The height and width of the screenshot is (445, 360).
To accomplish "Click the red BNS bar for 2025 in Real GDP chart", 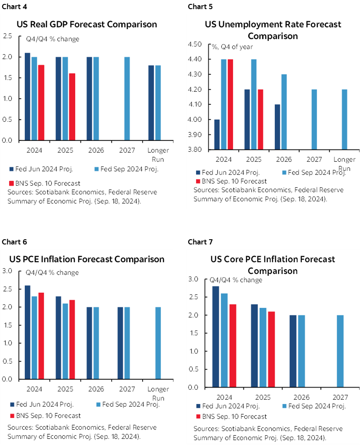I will [72, 107].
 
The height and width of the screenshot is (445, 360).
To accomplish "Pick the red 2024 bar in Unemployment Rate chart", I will [230, 105].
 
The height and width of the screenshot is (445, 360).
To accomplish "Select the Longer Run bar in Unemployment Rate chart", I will [345, 120].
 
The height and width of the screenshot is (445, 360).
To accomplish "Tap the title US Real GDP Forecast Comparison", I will [87, 24].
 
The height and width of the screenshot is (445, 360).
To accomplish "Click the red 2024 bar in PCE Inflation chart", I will [41, 336].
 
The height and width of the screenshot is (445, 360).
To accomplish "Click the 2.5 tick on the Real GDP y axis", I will [7, 36].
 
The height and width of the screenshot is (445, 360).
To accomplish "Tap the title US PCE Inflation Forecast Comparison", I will [87, 259].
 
